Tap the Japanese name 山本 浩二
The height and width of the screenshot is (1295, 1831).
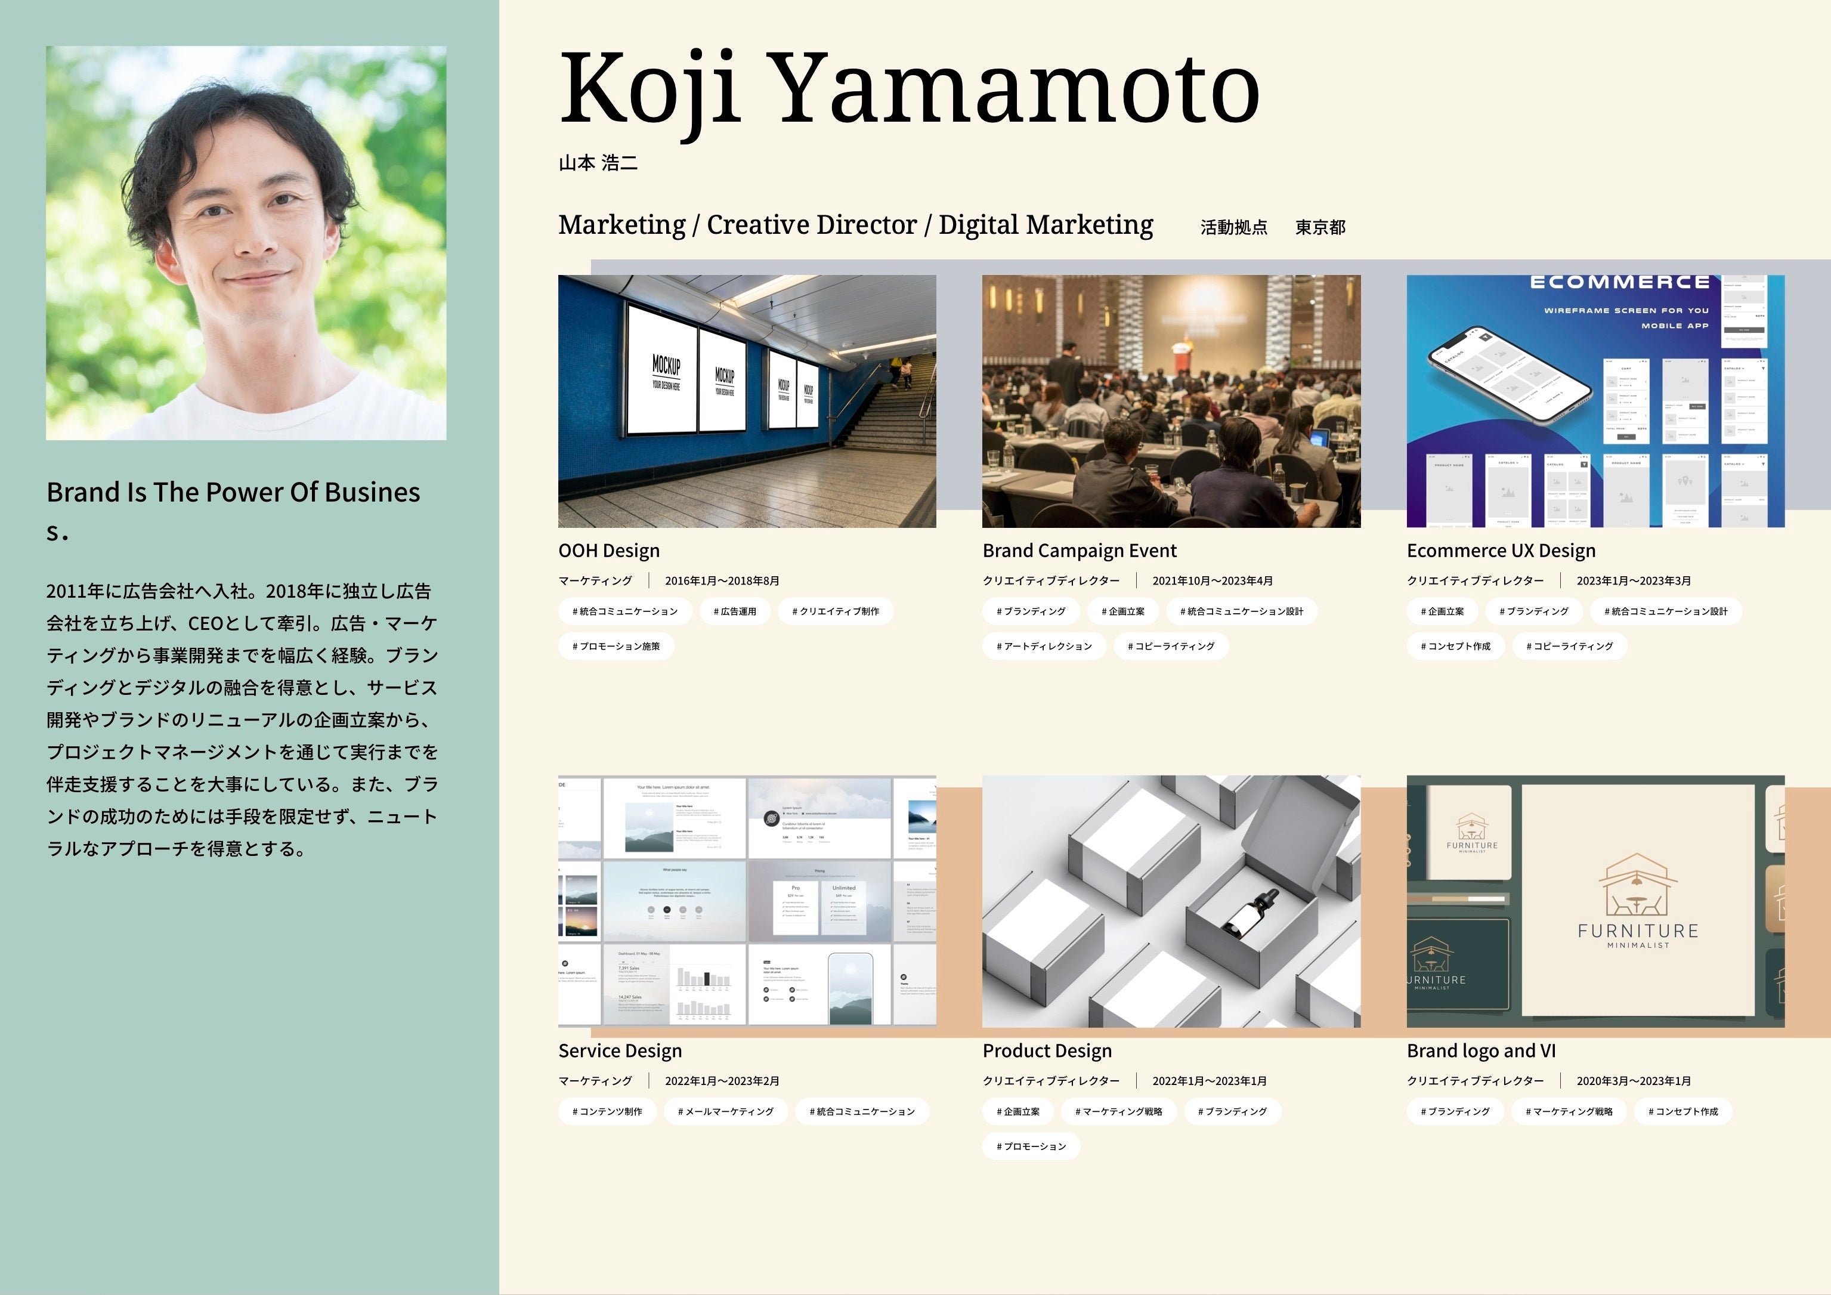coord(598,163)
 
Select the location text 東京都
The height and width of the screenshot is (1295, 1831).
coord(1320,227)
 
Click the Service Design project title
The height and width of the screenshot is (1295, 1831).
coord(620,1050)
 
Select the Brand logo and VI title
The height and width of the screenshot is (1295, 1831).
coord(1481,1050)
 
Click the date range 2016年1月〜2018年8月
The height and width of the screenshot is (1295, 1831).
coord(722,580)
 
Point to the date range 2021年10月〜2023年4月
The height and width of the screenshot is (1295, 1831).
coord(1212,580)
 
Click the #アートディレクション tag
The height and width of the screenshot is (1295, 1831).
coord(1044,646)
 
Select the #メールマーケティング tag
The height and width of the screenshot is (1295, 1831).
coord(725,1112)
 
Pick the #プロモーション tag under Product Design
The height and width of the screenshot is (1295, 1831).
coord(1031,1146)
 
